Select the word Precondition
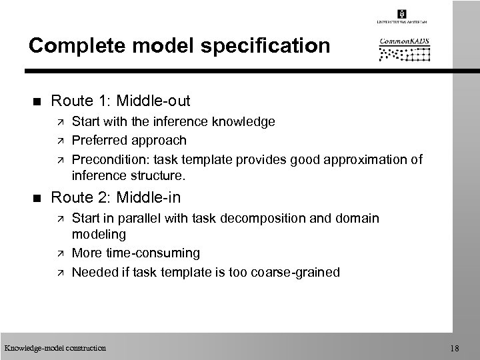[103, 159]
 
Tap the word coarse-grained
[305, 271]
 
